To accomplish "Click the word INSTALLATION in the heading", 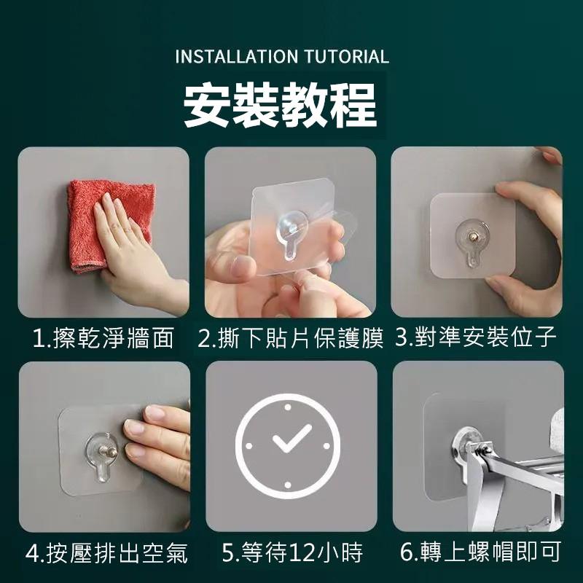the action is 236,57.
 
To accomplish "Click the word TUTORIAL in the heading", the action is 347,57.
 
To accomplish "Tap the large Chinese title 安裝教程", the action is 281,106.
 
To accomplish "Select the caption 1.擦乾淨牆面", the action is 103,338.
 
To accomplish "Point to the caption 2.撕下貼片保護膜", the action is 290,338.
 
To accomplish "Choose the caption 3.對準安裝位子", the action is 476,337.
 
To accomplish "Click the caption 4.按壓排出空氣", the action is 106,553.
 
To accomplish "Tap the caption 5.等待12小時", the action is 292,552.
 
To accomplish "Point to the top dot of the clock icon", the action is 288,407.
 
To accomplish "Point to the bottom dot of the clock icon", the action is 288,485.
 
